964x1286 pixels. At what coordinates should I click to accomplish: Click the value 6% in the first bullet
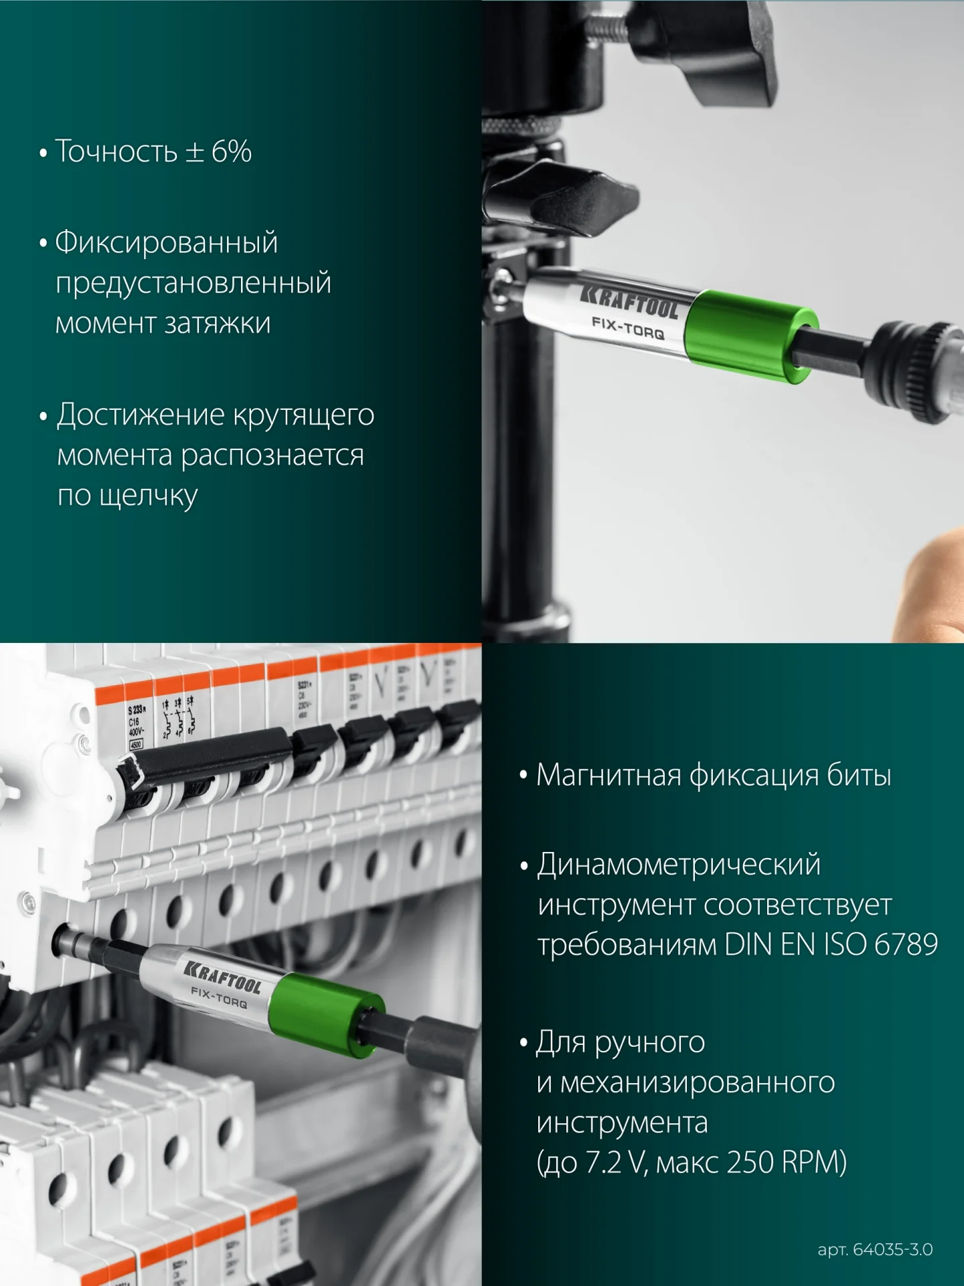tap(232, 151)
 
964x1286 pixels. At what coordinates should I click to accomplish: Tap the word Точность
tap(116, 151)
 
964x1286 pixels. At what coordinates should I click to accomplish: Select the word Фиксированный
tap(166, 242)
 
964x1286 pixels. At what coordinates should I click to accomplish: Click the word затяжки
tap(218, 324)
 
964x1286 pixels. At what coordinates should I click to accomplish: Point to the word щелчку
tap(148, 496)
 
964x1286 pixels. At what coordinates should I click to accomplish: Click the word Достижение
tap(141, 415)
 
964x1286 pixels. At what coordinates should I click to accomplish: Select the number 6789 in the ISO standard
tap(906, 944)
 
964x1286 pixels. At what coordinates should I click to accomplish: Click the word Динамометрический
tap(678, 865)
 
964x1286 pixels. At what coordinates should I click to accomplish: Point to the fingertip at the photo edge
tap(934, 583)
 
